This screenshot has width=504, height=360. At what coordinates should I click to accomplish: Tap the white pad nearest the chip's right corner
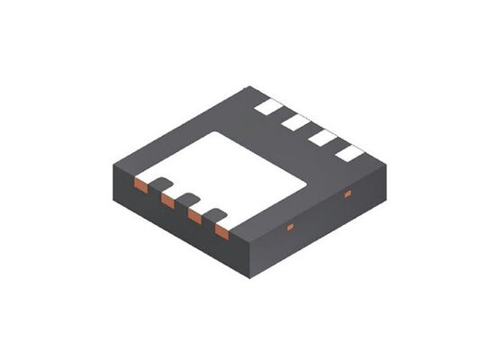point(349,152)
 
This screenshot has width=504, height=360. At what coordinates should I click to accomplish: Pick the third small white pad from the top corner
point(322,137)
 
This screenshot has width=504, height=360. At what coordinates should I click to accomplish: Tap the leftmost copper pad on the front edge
point(140,185)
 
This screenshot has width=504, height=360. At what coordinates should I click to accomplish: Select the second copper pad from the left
point(167,202)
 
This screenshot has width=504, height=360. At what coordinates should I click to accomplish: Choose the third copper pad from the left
point(194,217)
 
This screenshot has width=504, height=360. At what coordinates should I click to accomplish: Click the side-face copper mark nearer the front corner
point(290,227)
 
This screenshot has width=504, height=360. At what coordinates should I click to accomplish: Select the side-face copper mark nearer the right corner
point(347,193)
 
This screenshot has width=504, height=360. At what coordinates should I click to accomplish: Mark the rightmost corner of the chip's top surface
point(386,165)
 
